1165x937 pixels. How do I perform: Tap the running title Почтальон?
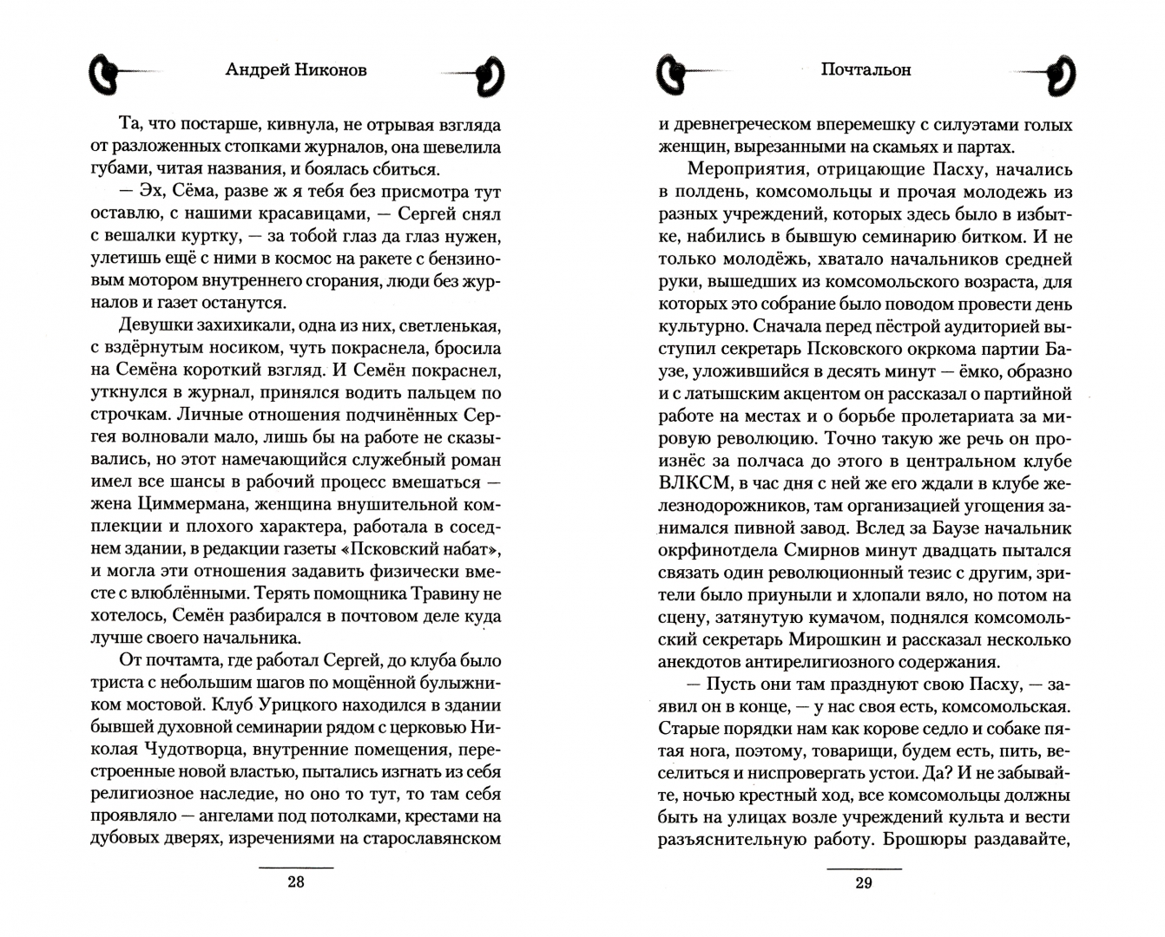click(865, 70)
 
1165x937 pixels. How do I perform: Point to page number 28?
click(296, 882)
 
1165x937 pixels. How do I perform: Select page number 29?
click(863, 882)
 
